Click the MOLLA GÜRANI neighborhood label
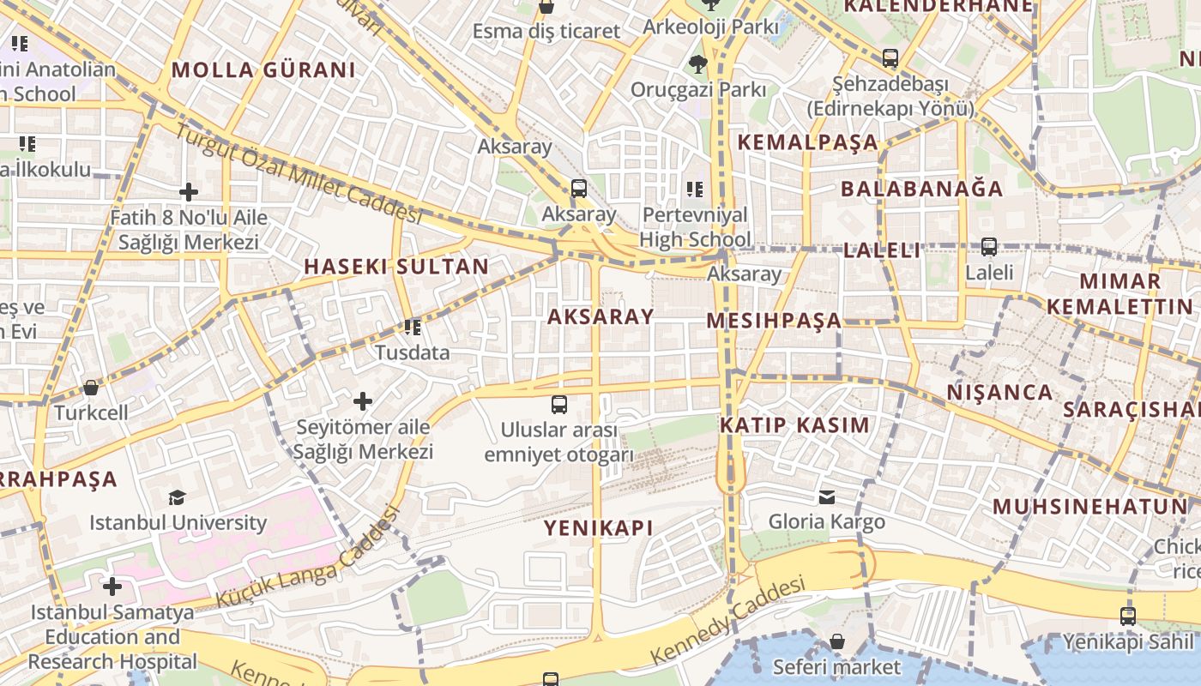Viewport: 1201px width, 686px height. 264,70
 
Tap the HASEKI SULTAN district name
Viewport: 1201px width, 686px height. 396,267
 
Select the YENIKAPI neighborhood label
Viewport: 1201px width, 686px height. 599,528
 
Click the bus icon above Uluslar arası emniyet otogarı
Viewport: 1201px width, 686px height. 559,404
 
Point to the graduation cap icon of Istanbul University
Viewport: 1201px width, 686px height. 178,497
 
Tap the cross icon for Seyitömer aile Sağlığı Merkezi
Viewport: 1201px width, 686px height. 363,400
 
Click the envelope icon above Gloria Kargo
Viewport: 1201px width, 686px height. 827,496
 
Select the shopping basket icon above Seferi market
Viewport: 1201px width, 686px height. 837,642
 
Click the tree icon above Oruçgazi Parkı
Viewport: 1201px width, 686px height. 698,63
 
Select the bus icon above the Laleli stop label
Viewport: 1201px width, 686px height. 989,247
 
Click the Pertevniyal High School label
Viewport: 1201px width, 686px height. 695,226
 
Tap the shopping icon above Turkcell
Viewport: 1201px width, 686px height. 91,388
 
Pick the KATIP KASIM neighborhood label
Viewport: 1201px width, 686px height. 794,425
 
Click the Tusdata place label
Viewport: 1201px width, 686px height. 412,352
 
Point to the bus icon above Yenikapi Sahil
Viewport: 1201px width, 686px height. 1128,616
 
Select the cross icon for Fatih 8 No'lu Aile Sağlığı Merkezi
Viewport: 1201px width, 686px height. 189,192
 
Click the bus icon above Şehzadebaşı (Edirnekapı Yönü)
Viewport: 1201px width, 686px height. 890,58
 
